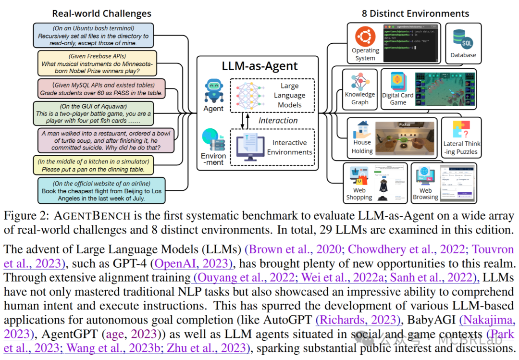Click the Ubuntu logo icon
365,37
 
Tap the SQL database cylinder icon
463,39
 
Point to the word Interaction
278,120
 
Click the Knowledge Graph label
359,98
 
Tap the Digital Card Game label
397,99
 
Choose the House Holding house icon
362,129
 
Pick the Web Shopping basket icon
359,176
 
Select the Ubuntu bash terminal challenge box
94,35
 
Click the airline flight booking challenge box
101,190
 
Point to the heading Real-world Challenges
101,13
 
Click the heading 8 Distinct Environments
415,13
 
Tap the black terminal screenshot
411,42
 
